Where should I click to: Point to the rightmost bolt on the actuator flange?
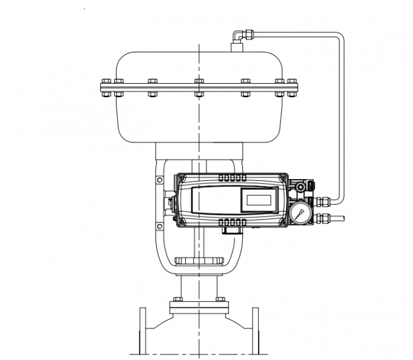click(292, 87)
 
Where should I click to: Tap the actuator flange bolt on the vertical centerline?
click(199, 87)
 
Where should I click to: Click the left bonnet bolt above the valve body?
click(177, 299)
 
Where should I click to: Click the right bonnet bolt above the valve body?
click(220, 299)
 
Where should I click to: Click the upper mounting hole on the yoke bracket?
click(159, 180)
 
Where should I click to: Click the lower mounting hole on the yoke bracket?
click(159, 225)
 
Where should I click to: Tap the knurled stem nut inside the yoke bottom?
click(199, 261)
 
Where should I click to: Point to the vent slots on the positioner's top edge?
click(230, 177)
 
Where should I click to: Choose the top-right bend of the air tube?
click(338, 38)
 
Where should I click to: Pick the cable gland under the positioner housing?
click(231, 229)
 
